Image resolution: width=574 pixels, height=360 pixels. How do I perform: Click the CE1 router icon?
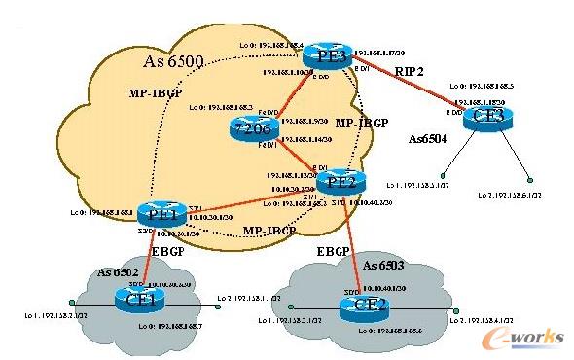tap(142, 300)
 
